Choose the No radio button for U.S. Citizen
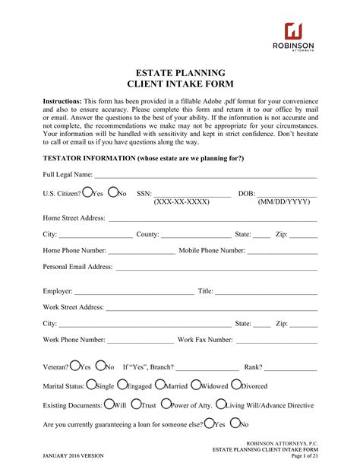coord(112,193)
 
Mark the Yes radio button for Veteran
coord(74,366)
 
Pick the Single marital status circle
coord(92,385)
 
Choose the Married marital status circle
coord(160,385)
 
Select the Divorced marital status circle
coord(235,385)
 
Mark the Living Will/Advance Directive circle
coord(220,404)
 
